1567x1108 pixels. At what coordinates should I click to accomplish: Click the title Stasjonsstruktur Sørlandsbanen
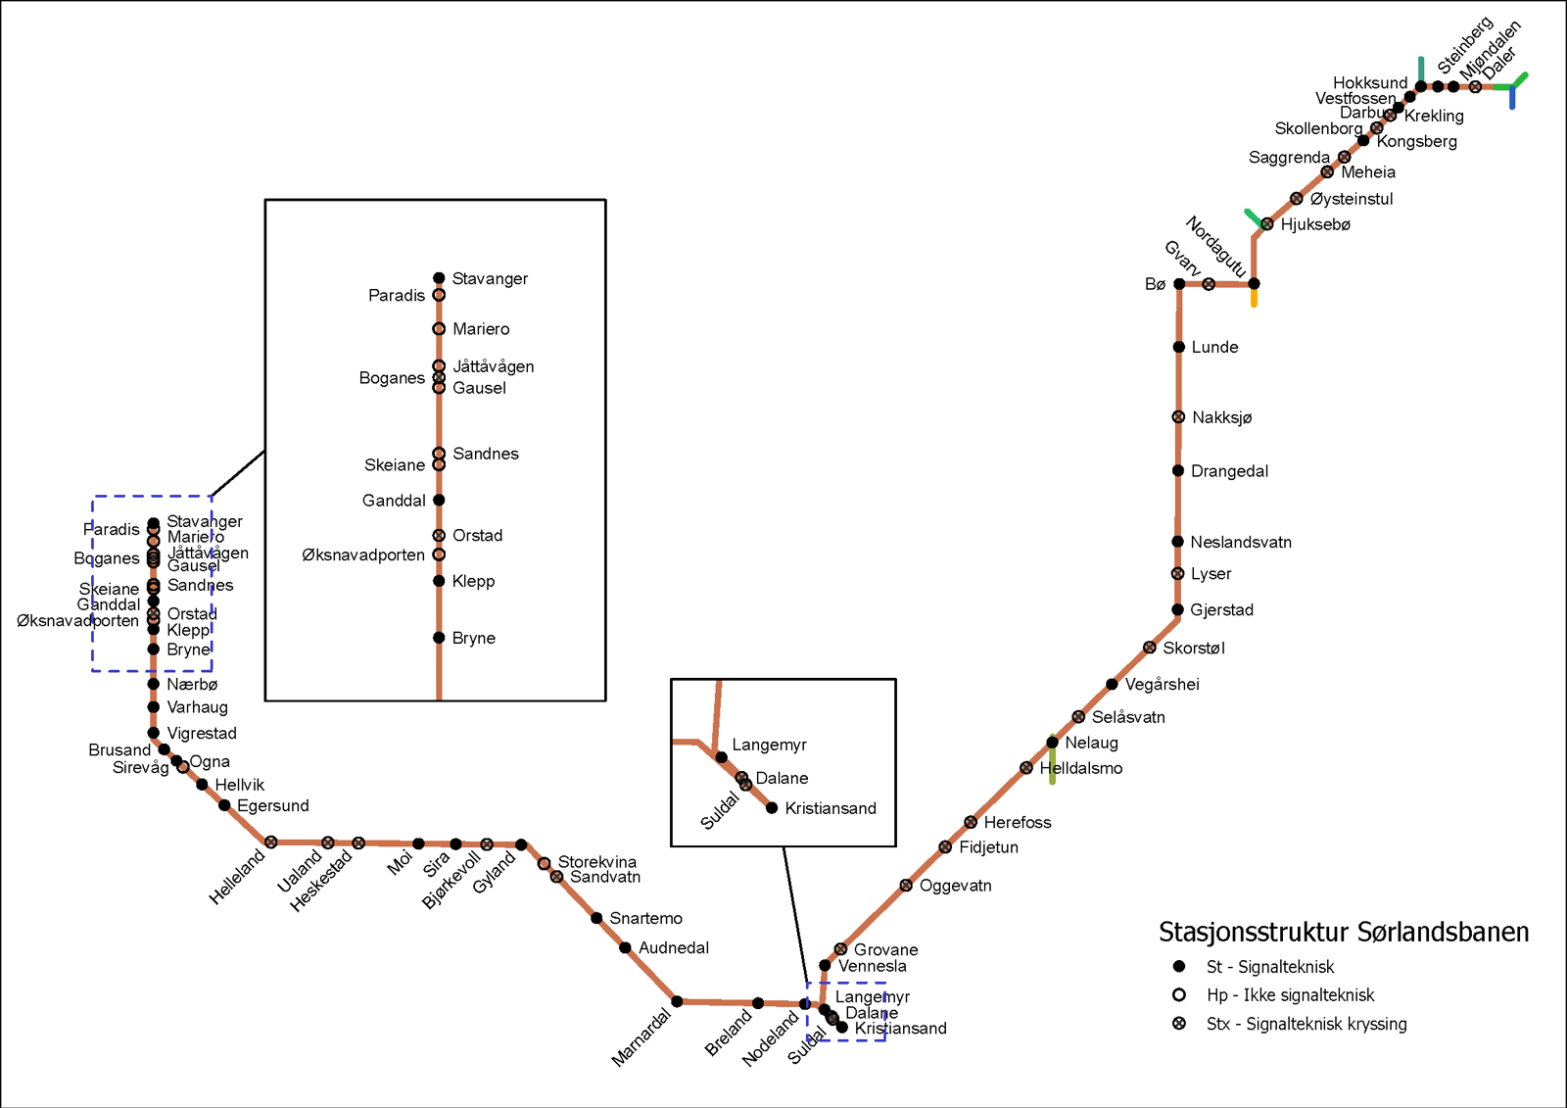[1343, 932]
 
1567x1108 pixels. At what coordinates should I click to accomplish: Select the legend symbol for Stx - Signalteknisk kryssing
[1179, 1024]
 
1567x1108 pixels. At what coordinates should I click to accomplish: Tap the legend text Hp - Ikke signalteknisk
[1290, 995]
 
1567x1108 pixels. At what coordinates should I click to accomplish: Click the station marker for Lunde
[1179, 347]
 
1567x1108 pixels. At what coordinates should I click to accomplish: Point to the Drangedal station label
[1229, 471]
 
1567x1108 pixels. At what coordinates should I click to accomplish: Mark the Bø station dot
[1179, 284]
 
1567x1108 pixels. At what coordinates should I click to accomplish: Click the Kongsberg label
[1416, 141]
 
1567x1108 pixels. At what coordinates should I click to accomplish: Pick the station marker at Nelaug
[1052, 743]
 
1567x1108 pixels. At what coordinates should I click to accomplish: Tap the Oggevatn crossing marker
[906, 886]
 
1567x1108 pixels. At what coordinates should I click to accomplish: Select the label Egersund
[272, 805]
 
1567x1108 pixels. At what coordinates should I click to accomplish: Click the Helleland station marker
[271, 842]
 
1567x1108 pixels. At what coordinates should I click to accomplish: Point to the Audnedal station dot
[625, 947]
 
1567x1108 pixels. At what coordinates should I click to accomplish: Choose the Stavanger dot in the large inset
[439, 278]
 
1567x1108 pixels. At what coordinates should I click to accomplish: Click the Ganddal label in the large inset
[394, 501]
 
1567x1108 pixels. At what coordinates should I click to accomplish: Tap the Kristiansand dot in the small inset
[772, 808]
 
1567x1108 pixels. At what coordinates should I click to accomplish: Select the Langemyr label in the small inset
[769, 745]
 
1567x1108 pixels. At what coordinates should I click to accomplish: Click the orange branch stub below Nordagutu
[1254, 298]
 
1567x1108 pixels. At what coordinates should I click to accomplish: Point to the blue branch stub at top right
[1512, 99]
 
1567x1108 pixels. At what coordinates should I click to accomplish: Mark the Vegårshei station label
[1162, 685]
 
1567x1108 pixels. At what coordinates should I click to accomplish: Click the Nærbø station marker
[154, 684]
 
